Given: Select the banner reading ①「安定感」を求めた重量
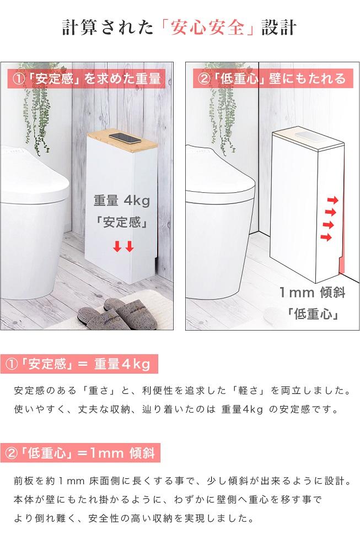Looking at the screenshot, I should [87, 79].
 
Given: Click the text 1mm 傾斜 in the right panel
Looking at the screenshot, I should [312, 293].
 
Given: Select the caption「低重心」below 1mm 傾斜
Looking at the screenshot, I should [312, 314].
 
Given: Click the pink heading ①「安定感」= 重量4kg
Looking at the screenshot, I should [78, 365].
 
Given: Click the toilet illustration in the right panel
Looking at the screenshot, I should [221, 220].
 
